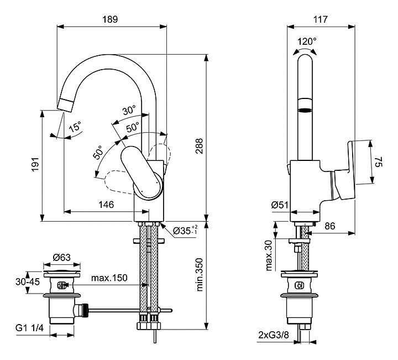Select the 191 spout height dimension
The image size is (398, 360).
[x=34, y=164]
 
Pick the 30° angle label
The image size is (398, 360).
[x=129, y=111]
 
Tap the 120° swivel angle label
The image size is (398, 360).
[x=307, y=41]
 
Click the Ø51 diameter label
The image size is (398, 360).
[x=280, y=205]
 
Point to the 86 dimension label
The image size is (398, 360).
[x=329, y=226]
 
